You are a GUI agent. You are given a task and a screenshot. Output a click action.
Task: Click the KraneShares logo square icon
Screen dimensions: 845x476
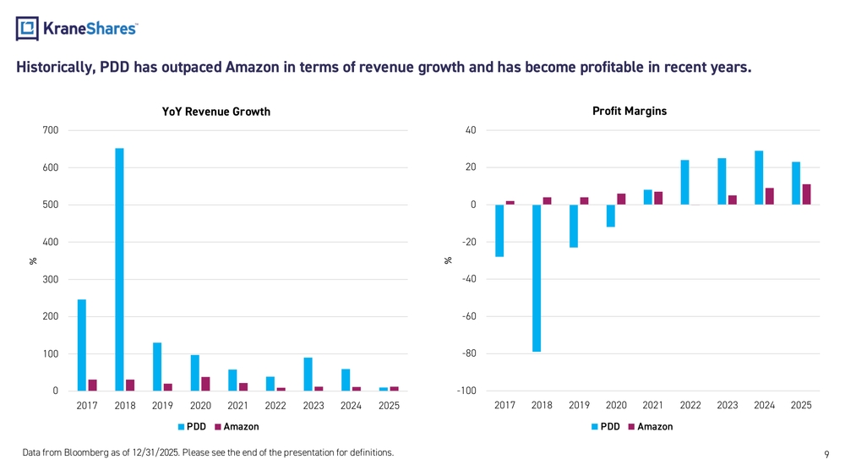pos(27,29)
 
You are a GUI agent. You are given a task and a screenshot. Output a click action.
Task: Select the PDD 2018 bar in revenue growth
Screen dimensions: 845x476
pos(119,270)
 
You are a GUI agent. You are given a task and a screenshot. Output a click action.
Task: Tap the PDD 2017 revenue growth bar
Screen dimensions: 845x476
pos(82,345)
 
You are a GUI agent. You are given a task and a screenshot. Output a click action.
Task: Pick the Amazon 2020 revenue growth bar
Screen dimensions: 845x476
pos(205,384)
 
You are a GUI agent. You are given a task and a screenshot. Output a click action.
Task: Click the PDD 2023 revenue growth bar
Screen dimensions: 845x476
pos(308,374)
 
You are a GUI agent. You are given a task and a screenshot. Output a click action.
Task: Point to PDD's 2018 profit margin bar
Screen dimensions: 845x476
pos(537,278)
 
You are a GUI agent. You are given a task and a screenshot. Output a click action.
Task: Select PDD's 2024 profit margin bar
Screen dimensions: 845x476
pos(759,178)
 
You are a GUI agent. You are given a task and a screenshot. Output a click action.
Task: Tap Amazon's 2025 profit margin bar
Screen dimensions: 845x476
pos(806,194)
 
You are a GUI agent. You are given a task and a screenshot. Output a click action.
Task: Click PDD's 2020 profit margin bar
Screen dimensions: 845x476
pos(611,216)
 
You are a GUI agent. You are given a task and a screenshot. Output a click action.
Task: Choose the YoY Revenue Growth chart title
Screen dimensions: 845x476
pos(216,112)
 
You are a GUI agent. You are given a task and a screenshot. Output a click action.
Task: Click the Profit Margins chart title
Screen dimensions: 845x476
pos(630,111)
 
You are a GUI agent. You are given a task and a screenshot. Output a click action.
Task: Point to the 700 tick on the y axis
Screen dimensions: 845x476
pos(50,130)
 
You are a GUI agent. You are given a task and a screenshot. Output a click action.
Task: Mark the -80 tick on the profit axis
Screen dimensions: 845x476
pos(468,353)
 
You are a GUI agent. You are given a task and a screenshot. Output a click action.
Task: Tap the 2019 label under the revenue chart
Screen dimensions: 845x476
pos(162,405)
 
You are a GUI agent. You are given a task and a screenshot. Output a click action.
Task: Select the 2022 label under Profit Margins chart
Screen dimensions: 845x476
pos(690,405)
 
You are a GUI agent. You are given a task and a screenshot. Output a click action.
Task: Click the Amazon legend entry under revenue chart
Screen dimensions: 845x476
pos(237,426)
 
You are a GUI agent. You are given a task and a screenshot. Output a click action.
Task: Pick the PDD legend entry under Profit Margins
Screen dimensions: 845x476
pos(606,426)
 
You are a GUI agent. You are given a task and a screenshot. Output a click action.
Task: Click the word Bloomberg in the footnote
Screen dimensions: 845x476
pos(86,452)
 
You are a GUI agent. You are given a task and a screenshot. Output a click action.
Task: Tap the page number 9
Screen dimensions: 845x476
pos(826,454)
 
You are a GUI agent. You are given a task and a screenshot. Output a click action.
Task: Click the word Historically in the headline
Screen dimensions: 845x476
pos(56,68)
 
